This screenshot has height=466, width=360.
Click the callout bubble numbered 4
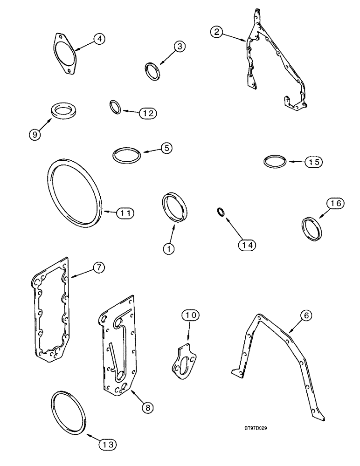point(98,39)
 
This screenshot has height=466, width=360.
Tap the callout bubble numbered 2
point(216,32)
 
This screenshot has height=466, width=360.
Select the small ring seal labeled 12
point(116,107)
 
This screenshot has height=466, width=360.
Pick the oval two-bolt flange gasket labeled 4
point(64,53)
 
